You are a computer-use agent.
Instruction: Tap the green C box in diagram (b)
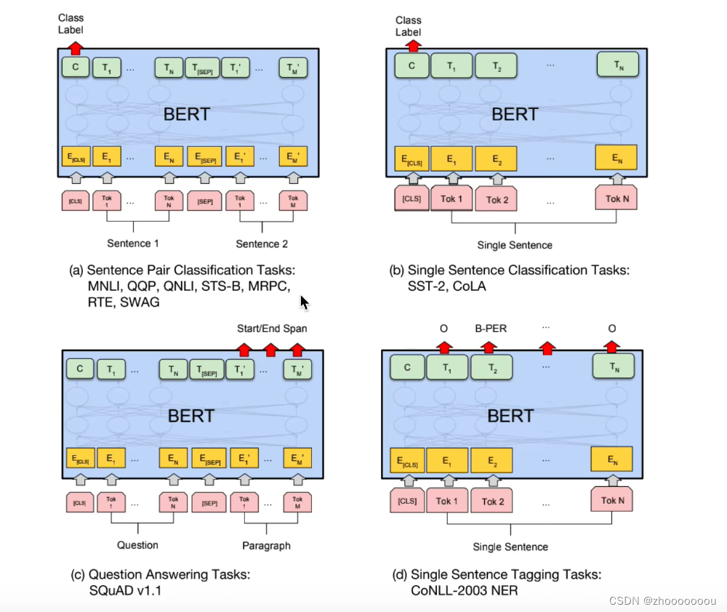(x=411, y=66)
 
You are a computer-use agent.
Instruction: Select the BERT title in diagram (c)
(x=191, y=416)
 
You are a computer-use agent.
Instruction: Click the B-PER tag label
(x=490, y=329)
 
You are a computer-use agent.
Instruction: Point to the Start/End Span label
(x=272, y=329)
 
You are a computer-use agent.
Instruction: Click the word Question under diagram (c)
(x=137, y=545)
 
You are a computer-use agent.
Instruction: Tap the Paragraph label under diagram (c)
(x=266, y=545)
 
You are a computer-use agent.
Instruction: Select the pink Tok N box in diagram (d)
(x=612, y=501)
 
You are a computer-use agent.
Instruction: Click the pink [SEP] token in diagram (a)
(x=204, y=201)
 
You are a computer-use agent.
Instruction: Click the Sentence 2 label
(x=262, y=243)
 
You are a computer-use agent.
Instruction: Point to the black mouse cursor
(x=305, y=302)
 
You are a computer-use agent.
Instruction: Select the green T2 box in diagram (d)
(x=491, y=368)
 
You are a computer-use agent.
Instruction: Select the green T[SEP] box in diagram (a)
(x=202, y=68)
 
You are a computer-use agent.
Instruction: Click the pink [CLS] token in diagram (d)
(x=407, y=501)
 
